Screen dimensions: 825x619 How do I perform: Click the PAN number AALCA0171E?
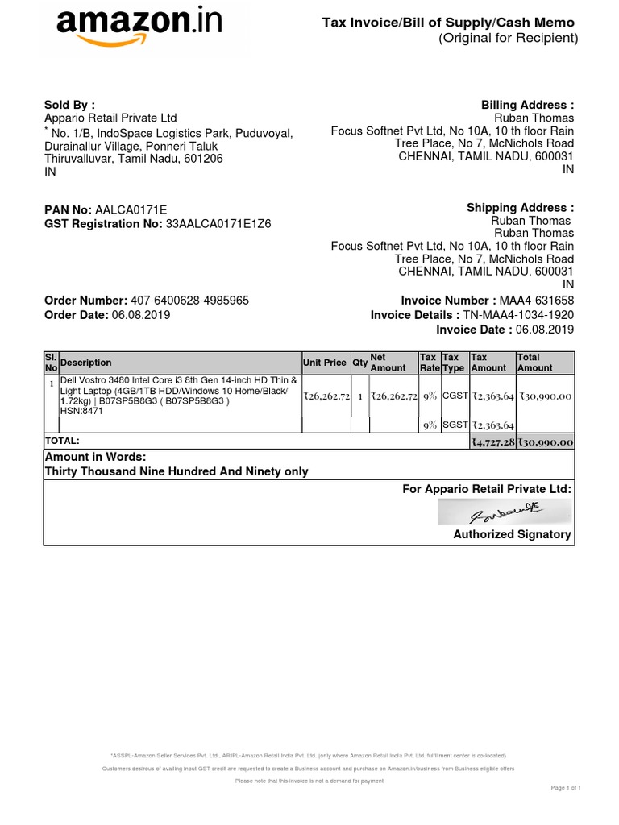click(x=131, y=209)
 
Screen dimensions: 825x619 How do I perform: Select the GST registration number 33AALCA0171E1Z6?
click(x=218, y=224)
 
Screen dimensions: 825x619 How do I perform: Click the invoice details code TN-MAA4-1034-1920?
click(x=519, y=315)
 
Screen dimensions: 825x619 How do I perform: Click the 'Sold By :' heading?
click(x=69, y=105)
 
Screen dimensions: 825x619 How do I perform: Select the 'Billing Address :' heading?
click(x=527, y=105)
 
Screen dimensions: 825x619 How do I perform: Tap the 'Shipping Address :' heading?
click(x=520, y=208)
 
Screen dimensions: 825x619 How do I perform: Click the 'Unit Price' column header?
click(x=325, y=363)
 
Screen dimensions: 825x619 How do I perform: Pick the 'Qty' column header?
click(x=359, y=363)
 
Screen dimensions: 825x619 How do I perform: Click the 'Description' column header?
click(x=86, y=363)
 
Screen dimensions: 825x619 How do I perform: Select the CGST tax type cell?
click(x=454, y=396)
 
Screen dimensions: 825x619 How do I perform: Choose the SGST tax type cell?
click(x=454, y=425)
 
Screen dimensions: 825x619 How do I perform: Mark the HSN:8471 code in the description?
click(x=81, y=411)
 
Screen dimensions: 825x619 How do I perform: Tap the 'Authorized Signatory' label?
click(x=512, y=534)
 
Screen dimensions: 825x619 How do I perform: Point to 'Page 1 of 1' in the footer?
click(x=566, y=787)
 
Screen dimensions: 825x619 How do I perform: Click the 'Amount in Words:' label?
click(x=95, y=458)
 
